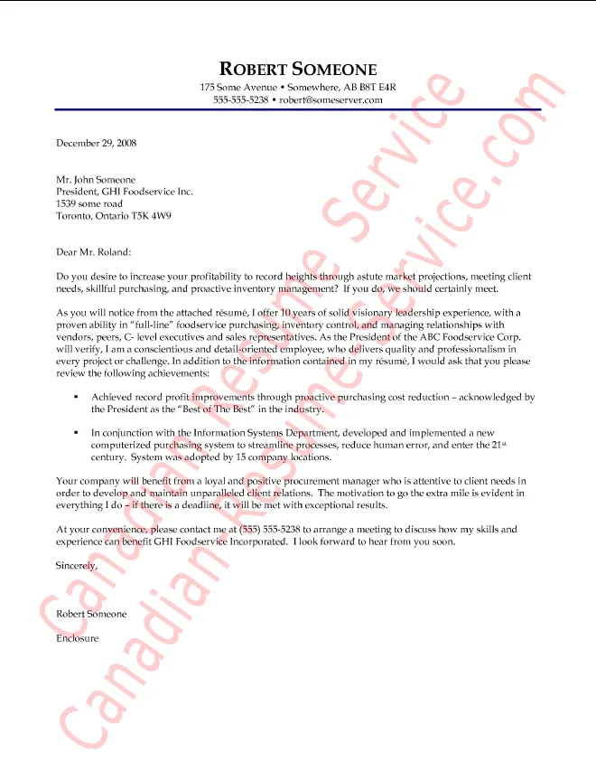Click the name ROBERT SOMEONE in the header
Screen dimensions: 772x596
coord(297,70)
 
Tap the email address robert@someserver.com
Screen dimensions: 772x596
coord(331,99)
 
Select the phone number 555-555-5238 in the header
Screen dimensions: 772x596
coord(240,99)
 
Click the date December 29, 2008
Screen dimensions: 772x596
coord(96,143)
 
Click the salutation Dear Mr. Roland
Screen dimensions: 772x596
coord(93,251)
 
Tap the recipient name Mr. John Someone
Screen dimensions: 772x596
coord(96,180)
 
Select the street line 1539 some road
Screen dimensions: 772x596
coord(88,204)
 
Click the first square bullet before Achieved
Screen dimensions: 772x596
coord(76,397)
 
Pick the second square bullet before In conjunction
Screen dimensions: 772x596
coord(76,433)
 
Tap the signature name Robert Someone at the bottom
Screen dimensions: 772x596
coord(91,614)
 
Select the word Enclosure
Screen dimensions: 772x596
coord(77,638)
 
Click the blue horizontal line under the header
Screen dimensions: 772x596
coord(297,110)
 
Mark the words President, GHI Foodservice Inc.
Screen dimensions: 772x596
coord(125,192)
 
